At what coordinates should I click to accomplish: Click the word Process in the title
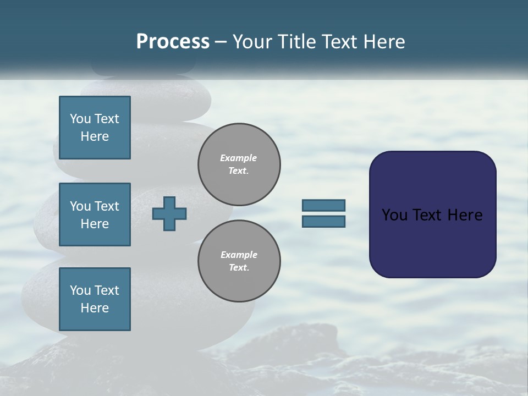tap(173, 42)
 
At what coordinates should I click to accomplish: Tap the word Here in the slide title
tap(384, 42)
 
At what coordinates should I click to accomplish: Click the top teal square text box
tap(95, 128)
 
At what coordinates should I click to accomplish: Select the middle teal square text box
tap(95, 215)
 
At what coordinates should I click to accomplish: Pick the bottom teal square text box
tap(95, 299)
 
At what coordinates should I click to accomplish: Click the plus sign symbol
tap(169, 213)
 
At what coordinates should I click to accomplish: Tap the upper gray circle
tap(239, 164)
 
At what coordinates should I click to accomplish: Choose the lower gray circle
tap(239, 261)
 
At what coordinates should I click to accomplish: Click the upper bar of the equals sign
tap(323, 205)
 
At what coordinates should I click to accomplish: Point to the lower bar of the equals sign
tap(323, 221)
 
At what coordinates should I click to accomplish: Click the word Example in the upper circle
tap(239, 158)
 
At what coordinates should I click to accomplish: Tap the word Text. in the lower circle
tap(239, 268)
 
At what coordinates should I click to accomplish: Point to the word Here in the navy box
tap(465, 215)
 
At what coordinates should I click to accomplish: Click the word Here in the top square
tap(95, 136)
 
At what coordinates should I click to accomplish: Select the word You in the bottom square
tap(80, 290)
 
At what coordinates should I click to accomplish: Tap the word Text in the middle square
tap(107, 206)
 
